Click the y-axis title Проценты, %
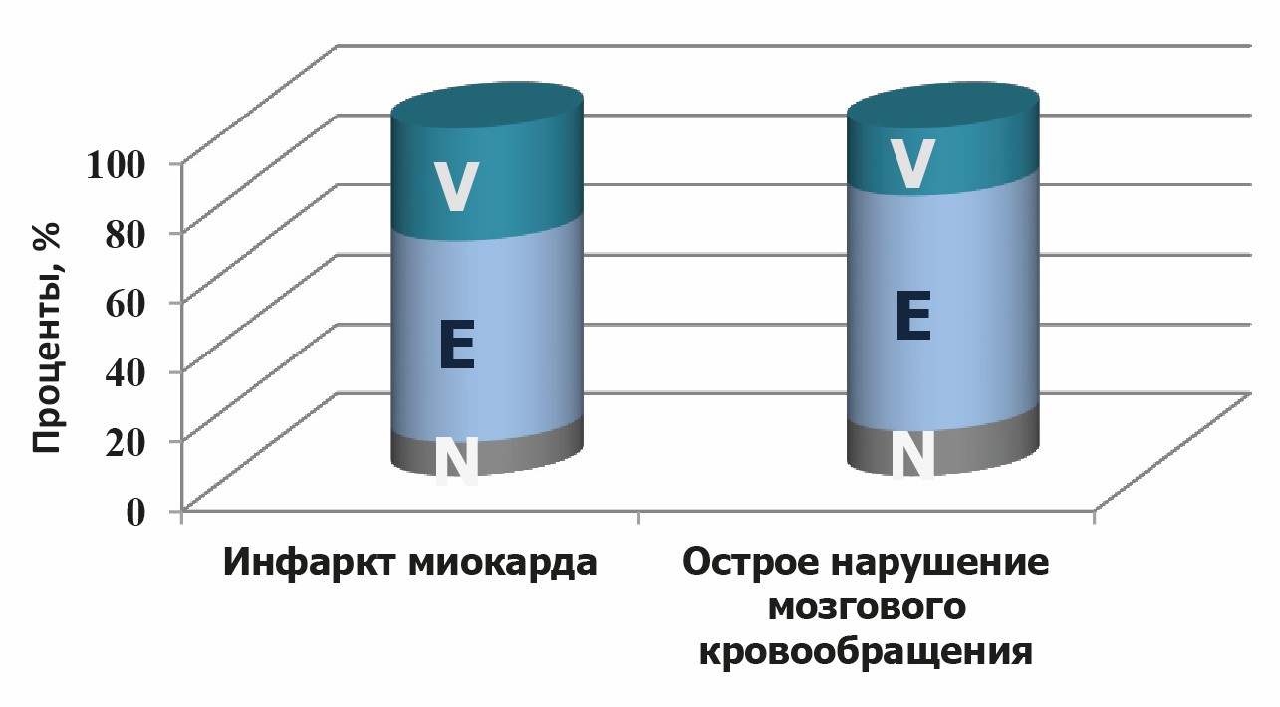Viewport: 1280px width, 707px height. pyautogui.click(x=46, y=339)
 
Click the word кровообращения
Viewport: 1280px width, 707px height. pyautogui.click(x=865, y=652)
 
